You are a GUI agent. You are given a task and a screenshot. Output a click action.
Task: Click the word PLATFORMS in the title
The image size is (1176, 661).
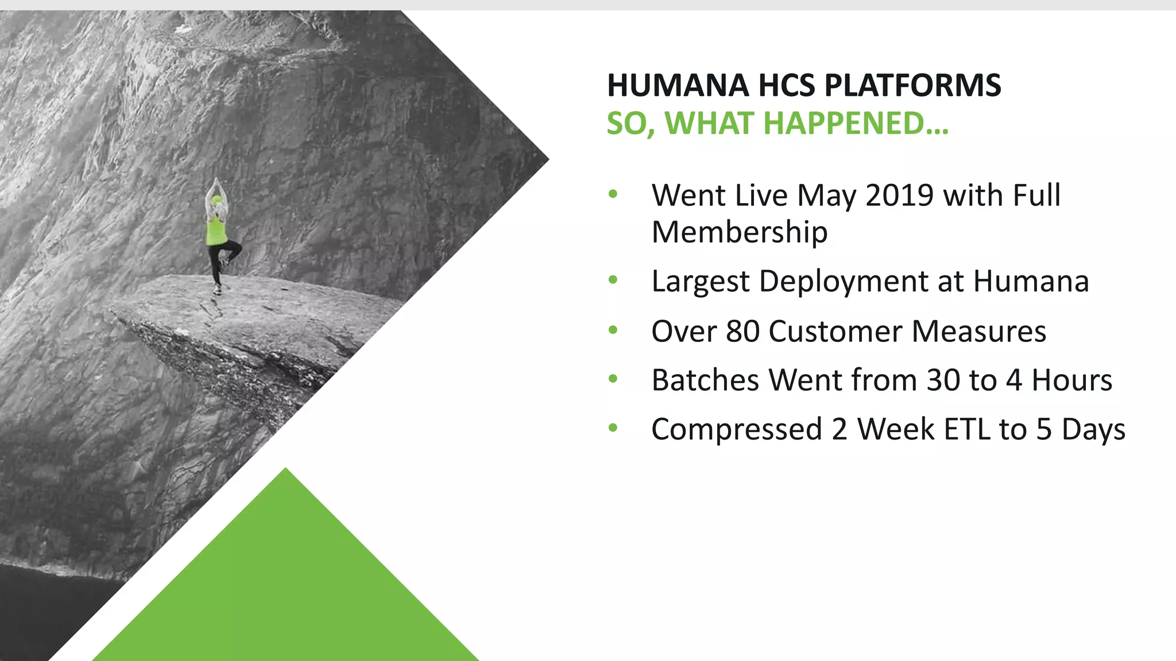pos(912,85)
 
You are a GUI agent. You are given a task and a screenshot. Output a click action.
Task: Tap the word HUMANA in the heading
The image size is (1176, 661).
pos(678,85)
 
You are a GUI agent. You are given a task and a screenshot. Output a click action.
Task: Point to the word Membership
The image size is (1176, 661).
pos(739,232)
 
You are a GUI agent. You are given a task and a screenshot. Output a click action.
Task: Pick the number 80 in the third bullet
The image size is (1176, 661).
pos(742,331)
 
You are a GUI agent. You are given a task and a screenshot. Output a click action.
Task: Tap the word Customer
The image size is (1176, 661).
pos(835,331)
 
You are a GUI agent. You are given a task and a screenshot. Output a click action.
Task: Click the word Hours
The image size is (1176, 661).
pos(1071,380)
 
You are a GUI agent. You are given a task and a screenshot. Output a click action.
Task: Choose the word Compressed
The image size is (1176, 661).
pos(737,429)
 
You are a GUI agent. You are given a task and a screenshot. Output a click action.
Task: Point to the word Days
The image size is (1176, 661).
pos(1093,429)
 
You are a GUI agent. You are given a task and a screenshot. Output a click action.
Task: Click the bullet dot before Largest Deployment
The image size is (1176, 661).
pos(613,281)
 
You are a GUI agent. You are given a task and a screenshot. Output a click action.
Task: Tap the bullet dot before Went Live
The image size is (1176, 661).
pos(613,195)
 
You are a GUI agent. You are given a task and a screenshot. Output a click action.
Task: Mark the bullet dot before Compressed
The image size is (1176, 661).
pos(613,428)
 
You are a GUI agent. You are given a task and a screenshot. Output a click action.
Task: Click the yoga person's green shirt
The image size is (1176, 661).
pos(216,231)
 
